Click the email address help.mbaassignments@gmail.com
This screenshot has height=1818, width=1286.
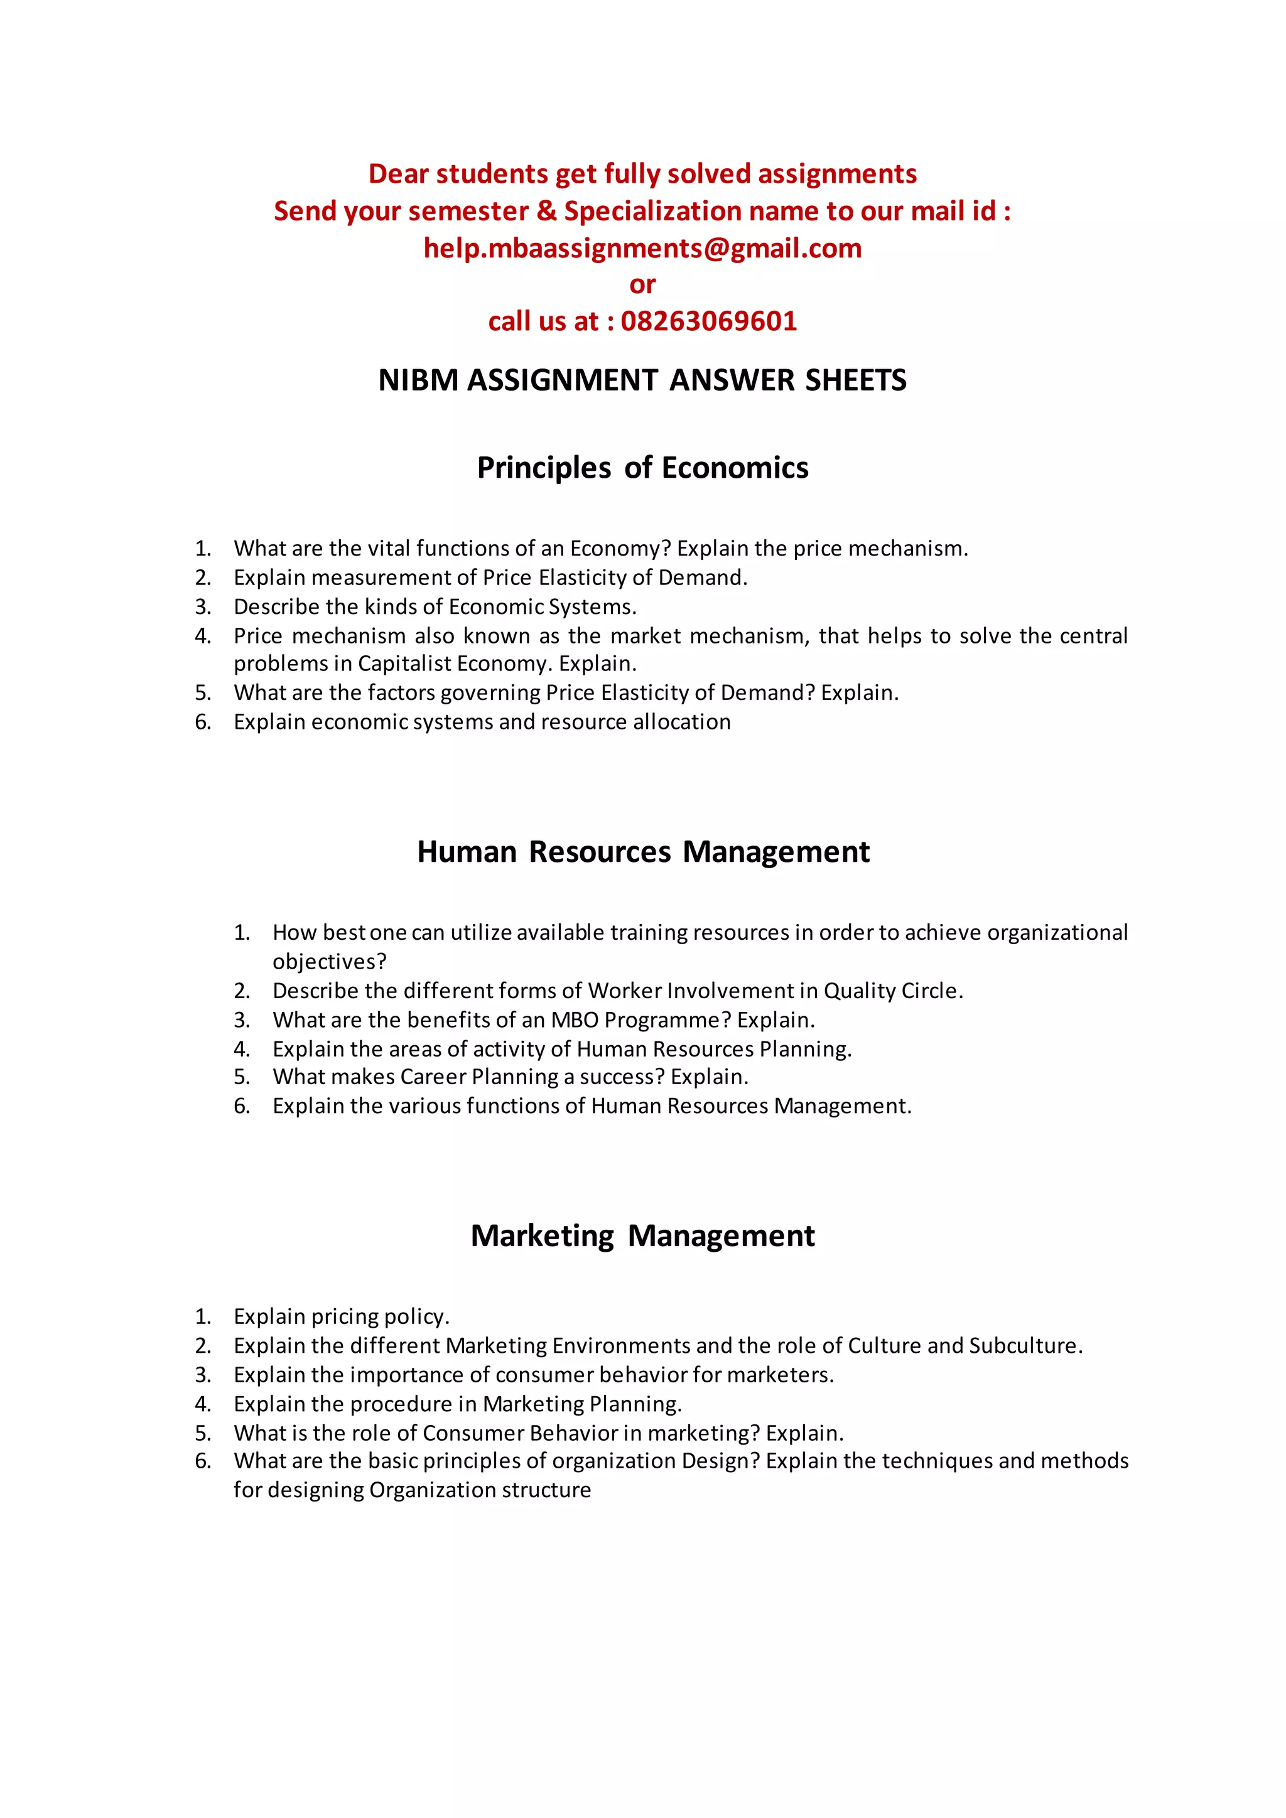pos(642,248)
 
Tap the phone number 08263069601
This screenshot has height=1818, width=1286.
pos(709,321)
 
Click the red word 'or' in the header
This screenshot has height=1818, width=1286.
pos(642,284)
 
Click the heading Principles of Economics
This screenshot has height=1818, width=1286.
pos(642,468)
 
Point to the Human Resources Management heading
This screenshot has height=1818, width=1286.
pos(643,852)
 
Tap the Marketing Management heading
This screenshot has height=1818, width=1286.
pos(642,1236)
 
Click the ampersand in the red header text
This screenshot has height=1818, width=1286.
pos(546,212)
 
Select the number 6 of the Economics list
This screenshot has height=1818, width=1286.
pos(203,722)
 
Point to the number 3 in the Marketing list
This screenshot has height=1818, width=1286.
pos(203,1375)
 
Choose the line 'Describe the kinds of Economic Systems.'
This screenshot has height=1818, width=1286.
pos(435,606)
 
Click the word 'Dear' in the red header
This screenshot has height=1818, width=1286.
pos(397,174)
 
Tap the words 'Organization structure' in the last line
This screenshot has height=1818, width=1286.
pos(480,1490)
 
